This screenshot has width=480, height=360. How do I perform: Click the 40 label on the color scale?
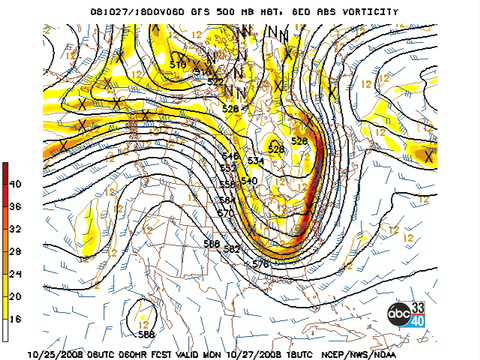15,184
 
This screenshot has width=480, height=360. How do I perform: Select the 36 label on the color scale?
15,206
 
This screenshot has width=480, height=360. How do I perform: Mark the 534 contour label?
255,160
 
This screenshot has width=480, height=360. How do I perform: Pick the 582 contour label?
233,249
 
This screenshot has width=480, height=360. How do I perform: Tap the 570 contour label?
225,213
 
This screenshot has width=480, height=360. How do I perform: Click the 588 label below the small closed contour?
147,334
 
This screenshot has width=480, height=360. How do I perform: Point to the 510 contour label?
178,65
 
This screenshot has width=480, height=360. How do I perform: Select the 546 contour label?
230,156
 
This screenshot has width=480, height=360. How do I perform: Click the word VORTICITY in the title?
367,12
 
